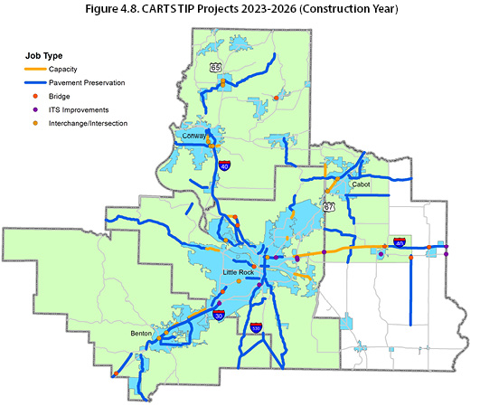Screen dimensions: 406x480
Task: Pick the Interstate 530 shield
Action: [256, 328]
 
